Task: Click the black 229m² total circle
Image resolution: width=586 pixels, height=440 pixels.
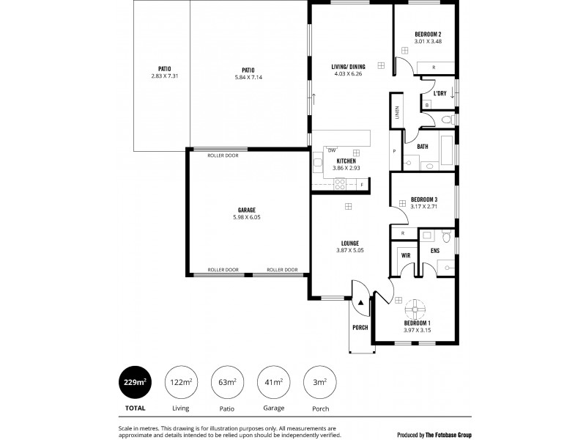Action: (135, 382)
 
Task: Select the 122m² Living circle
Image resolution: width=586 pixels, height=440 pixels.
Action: (181, 382)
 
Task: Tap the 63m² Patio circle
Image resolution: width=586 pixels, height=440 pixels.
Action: (226, 382)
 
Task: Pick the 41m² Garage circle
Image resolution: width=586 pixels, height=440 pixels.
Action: (273, 382)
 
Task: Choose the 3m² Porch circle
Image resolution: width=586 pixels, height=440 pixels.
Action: (319, 382)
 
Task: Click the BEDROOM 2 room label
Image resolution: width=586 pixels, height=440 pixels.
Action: (427, 34)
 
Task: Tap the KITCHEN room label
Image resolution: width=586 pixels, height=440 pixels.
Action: (346, 161)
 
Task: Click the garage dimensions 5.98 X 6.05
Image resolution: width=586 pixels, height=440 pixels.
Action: (246, 217)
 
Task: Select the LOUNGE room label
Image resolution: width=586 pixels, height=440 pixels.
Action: (349, 243)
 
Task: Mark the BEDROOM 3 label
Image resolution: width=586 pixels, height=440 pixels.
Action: (424, 199)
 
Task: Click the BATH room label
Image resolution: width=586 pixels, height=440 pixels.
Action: (423, 147)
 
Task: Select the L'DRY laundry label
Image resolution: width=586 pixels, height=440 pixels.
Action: (439, 94)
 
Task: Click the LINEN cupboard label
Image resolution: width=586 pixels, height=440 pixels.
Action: (396, 113)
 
